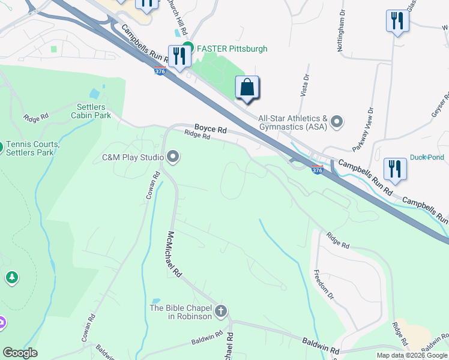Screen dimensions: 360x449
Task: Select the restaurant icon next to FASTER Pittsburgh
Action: click(x=179, y=56)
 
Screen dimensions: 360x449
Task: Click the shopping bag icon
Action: click(x=247, y=88)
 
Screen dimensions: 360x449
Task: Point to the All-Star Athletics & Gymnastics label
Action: click(x=292, y=122)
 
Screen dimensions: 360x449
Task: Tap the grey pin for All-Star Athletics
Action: click(x=337, y=122)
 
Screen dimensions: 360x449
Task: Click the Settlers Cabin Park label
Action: click(x=91, y=111)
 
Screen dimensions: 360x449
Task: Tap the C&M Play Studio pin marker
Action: click(x=173, y=158)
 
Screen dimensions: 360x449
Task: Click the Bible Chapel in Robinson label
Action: click(x=181, y=312)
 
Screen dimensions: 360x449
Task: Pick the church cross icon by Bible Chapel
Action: click(x=221, y=311)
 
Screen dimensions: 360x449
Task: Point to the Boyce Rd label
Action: click(x=210, y=129)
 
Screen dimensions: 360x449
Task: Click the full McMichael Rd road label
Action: click(x=175, y=254)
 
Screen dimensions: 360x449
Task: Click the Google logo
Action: click(x=20, y=353)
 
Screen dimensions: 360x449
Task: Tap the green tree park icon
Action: click(x=11, y=277)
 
